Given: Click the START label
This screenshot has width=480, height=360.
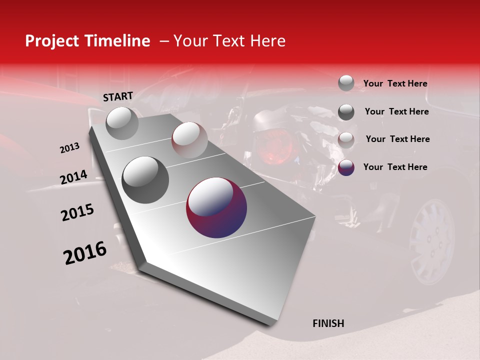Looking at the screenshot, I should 118,96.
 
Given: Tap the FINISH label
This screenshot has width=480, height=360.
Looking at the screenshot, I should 328,323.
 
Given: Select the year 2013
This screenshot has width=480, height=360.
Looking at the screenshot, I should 69,148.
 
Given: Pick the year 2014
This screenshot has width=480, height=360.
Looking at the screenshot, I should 73,177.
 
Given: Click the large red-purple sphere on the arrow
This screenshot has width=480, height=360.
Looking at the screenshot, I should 216,207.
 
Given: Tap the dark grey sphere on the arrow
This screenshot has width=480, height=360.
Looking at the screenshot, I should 145,179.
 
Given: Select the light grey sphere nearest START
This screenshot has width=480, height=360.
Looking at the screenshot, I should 122,123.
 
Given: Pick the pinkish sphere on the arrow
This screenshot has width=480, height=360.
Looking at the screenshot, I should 189,140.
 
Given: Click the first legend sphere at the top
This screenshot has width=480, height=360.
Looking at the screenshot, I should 346,83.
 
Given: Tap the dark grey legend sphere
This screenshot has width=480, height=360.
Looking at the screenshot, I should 346,112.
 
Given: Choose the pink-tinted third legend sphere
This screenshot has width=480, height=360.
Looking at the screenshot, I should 346,139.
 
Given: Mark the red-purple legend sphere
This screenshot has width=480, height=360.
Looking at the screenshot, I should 346,167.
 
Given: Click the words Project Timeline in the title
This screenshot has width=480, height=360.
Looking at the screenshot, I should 87,41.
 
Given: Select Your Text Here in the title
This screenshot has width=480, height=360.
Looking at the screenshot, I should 229,41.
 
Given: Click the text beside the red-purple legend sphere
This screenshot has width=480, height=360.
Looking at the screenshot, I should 395,167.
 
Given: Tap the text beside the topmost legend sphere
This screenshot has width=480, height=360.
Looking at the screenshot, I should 395,83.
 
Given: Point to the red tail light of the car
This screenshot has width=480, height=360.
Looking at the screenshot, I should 273,146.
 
